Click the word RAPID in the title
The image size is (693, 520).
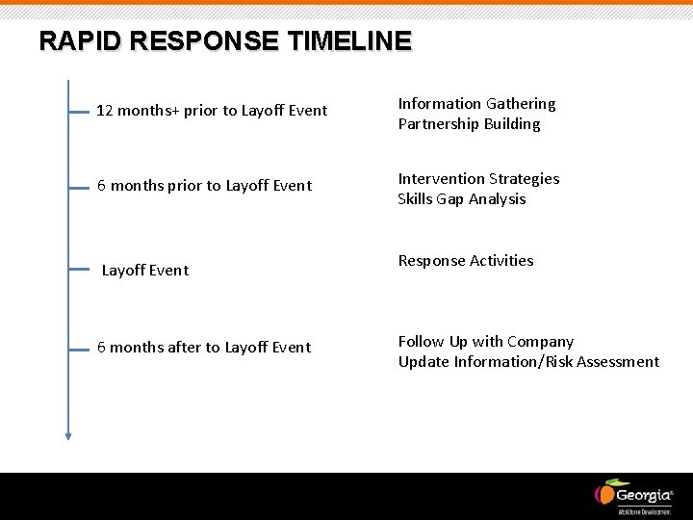click(x=79, y=41)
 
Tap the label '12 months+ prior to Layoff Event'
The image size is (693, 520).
click(x=212, y=111)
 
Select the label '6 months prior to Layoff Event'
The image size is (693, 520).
click(x=204, y=185)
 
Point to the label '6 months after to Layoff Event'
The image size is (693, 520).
click(x=204, y=347)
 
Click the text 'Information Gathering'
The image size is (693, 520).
click(x=476, y=103)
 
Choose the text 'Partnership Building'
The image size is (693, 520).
click(x=469, y=123)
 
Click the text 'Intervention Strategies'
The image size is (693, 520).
click(x=478, y=178)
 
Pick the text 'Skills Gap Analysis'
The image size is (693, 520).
click(x=462, y=198)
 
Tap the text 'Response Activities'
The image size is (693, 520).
click(x=466, y=260)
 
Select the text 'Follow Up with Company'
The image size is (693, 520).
click(x=485, y=341)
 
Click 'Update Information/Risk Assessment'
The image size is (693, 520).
click(x=528, y=361)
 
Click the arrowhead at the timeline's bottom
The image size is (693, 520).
click(x=68, y=435)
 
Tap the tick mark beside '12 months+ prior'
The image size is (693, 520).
click(x=80, y=112)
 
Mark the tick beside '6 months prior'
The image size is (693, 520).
click(x=80, y=189)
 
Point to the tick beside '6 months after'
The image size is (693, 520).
click(x=80, y=350)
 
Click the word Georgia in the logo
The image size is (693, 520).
click(x=644, y=495)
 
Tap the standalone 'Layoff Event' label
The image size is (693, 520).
click(x=145, y=270)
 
